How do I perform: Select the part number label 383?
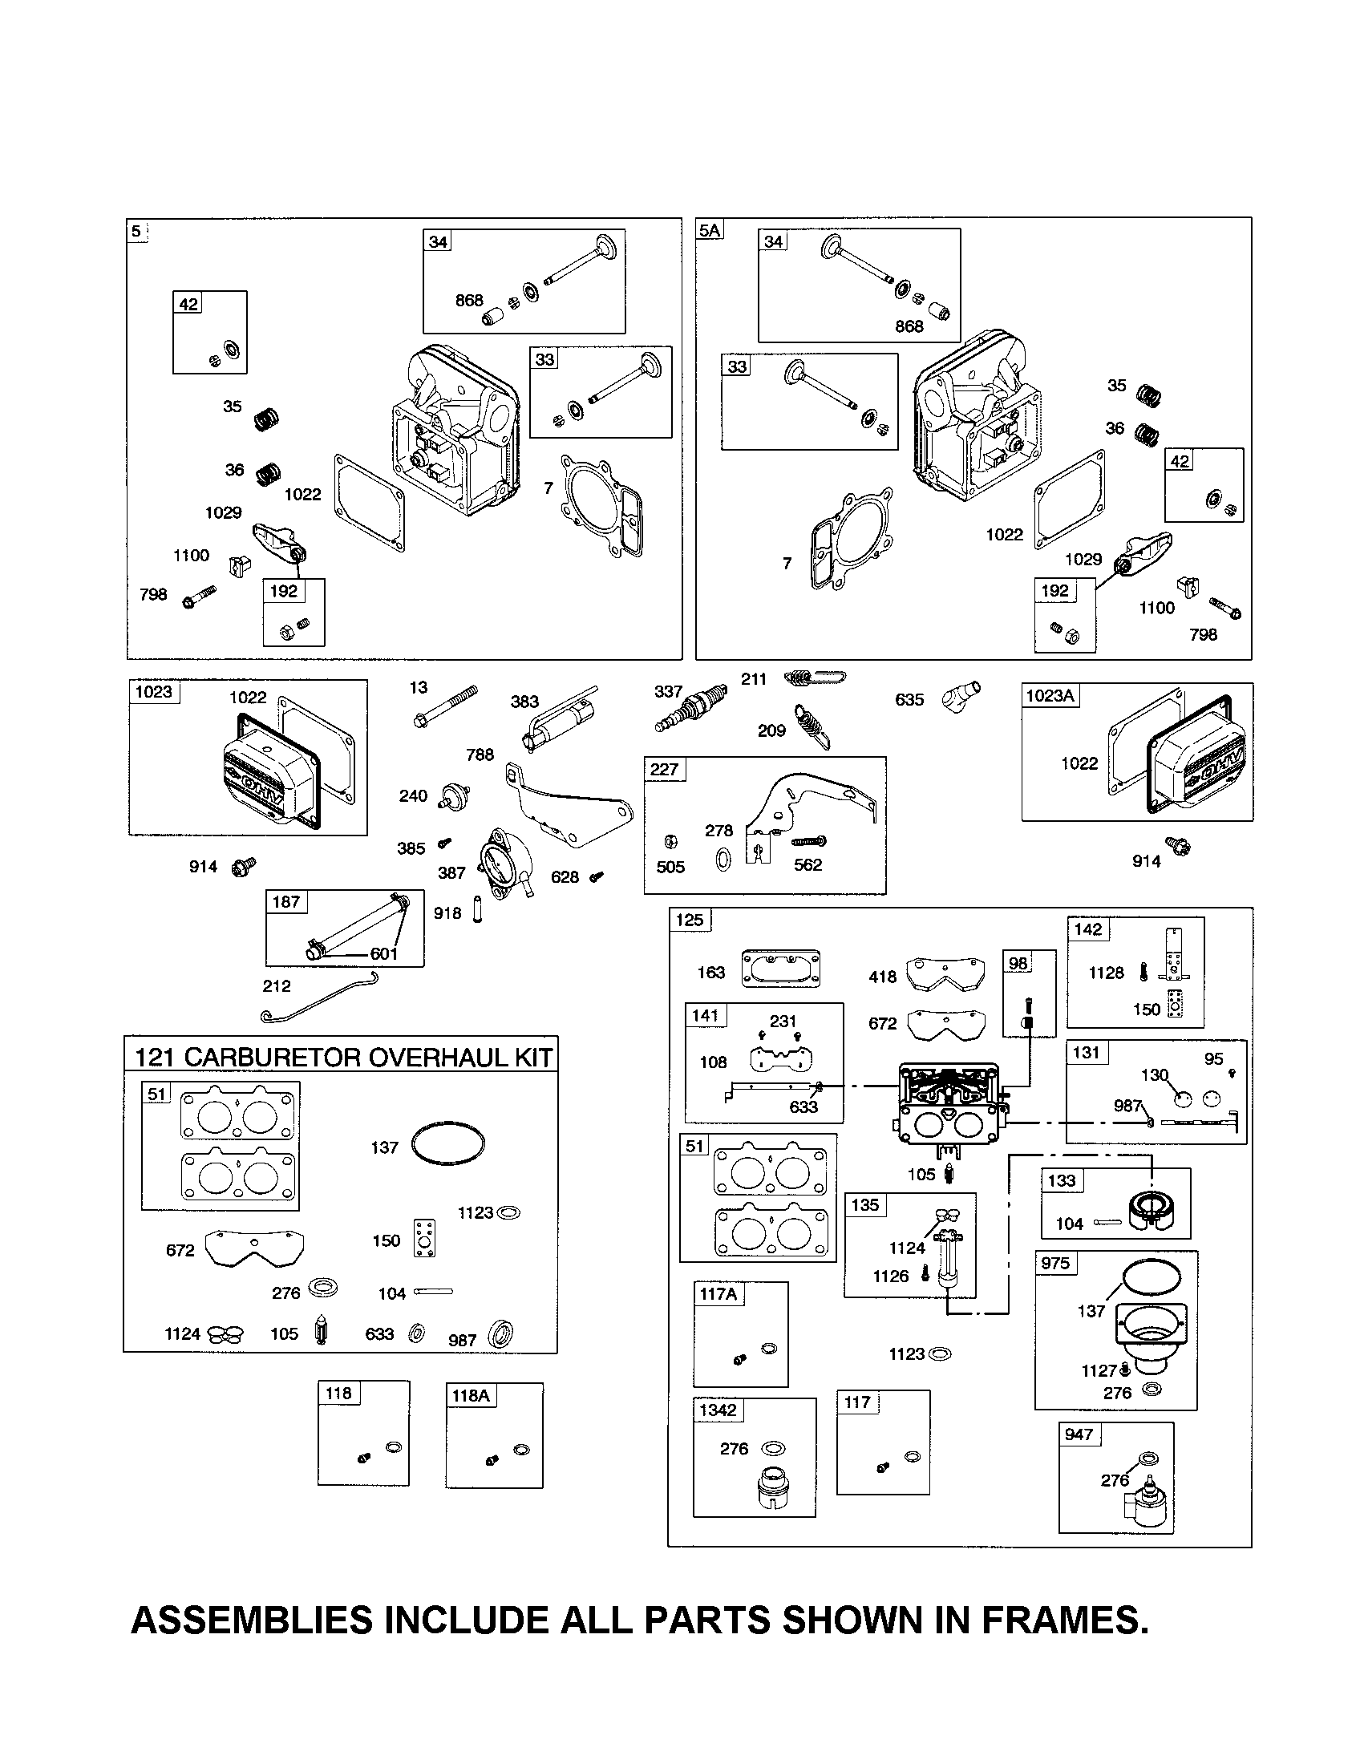coord(524,702)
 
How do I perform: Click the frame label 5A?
coord(710,231)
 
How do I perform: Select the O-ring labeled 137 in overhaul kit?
coord(448,1143)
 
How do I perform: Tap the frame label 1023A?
coord(1050,695)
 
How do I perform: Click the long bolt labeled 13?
coord(445,706)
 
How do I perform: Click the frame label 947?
coord(1079,1434)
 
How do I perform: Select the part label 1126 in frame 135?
coord(891,1276)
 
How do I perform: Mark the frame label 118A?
coord(471,1395)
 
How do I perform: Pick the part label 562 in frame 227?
coord(807,865)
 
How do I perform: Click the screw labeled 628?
coord(597,876)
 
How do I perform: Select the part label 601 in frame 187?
coord(383,954)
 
